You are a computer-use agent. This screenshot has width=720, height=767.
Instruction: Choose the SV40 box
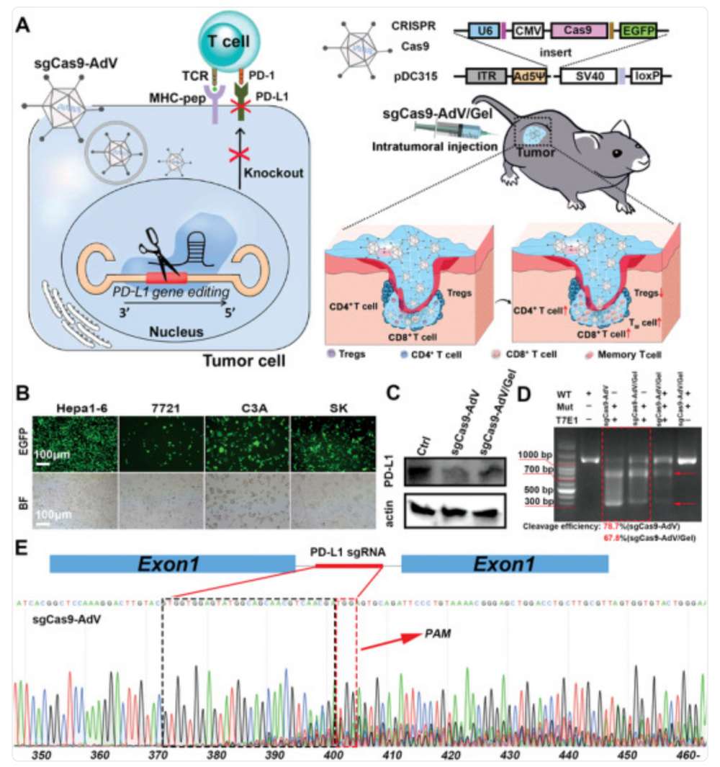[x=586, y=75]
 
